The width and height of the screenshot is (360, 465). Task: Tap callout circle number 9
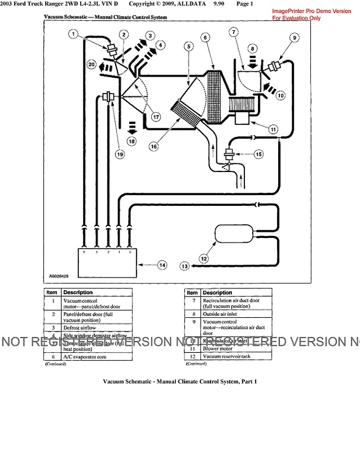(x=293, y=37)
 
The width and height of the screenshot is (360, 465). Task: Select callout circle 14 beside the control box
(x=163, y=265)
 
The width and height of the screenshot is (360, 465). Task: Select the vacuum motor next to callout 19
(x=107, y=96)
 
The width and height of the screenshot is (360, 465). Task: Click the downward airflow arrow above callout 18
(x=132, y=126)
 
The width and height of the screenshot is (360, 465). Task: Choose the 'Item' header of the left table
(x=52, y=292)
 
